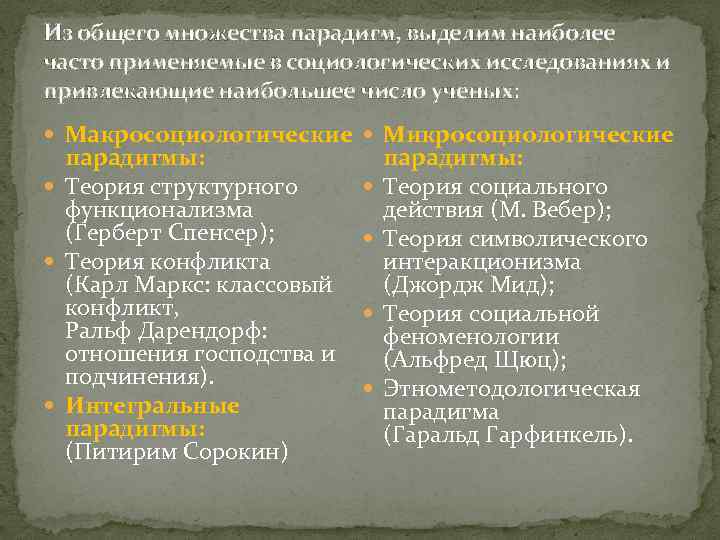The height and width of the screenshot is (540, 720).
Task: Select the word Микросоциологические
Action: [528, 134]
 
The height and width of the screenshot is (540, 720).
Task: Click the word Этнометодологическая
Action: [511, 388]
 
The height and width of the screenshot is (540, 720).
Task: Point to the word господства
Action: [250, 355]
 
